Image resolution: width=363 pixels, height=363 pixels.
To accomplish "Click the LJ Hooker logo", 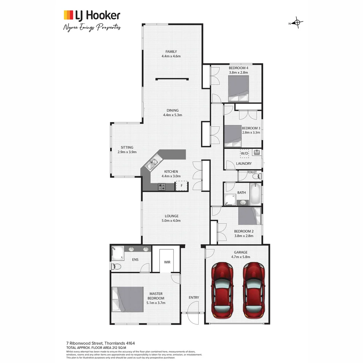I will tap(92, 15).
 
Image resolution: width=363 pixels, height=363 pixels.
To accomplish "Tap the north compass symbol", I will tap(296, 23).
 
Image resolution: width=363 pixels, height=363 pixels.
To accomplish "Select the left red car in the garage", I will tap(222, 290).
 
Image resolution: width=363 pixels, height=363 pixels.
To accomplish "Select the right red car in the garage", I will tap(254, 290).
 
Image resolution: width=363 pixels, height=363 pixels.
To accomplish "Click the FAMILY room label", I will tap(171, 51).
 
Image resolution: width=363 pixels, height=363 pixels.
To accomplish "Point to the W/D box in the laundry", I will tap(244, 153).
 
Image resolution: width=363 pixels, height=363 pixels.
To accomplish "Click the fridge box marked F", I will tap(182, 186).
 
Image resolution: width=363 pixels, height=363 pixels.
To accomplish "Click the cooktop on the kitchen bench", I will tap(162, 186).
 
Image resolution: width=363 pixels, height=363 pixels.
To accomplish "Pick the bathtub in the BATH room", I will tap(255, 194).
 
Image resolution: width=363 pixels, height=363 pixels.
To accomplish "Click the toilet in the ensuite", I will tap(116, 266).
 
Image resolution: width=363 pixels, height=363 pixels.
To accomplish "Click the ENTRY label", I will tap(194, 297).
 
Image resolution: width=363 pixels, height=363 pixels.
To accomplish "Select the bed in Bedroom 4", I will tap(238, 88).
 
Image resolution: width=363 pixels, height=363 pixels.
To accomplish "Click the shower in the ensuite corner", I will tap(118, 252).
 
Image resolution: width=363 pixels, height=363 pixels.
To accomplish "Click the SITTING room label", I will tap(127, 147).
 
